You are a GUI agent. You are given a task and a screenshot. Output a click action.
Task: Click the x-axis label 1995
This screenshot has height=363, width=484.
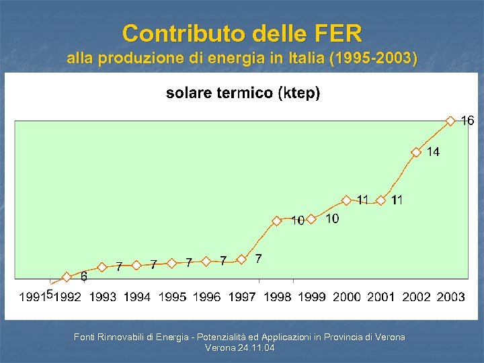172,296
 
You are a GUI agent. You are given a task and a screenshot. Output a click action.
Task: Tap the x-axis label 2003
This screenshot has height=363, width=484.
450,296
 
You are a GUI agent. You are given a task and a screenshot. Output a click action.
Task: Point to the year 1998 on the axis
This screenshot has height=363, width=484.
277,296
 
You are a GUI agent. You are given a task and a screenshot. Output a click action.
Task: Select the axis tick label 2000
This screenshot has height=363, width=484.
346,296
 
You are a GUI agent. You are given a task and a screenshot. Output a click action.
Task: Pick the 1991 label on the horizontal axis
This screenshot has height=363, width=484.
31,296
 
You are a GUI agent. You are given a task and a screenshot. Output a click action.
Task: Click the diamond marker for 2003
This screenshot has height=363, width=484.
450,121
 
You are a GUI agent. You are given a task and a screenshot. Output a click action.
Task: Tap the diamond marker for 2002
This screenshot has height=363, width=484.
416,152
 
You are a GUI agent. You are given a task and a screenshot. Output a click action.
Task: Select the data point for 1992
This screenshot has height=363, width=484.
67,276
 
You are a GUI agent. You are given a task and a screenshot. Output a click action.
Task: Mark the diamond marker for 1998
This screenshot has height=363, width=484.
276,220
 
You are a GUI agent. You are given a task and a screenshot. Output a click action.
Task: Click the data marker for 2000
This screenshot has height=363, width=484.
346,200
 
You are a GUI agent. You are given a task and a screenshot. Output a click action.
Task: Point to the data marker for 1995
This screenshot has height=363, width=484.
171,264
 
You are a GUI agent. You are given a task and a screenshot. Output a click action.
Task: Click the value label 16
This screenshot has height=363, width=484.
467,121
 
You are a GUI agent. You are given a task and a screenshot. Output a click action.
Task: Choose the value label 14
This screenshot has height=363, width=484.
434,152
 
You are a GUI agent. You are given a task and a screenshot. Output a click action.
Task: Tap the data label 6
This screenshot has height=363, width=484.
84,276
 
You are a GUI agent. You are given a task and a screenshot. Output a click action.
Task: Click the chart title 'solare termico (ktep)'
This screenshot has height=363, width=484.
243,93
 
